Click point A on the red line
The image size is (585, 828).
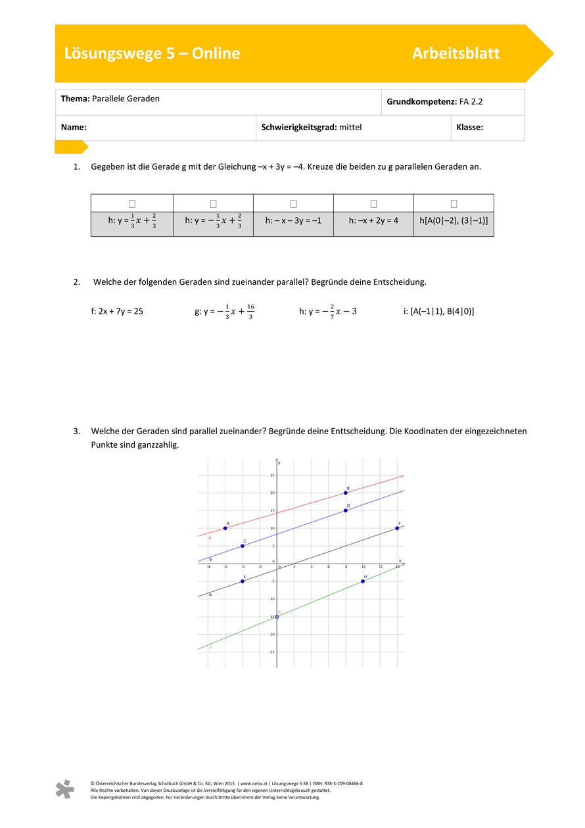point(225,528)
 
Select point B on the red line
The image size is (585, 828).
point(346,493)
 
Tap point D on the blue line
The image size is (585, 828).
point(346,510)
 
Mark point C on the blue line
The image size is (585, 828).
point(243,546)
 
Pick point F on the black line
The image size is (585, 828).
point(397,528)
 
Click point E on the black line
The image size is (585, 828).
point(243,581)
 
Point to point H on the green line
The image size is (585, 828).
point(363,581)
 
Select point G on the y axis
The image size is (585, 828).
point(277,617)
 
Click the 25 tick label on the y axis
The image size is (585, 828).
point(273,475)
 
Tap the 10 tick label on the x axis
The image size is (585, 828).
point(363,567)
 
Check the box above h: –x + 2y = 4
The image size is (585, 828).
point(373,204)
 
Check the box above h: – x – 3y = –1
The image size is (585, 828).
point(293,204)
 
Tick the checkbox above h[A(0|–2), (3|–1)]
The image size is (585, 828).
point(454,204)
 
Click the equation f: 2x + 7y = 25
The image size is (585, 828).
point(117,311)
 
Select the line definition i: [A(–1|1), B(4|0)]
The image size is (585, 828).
point(438,311)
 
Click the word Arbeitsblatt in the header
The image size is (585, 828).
point(456,54)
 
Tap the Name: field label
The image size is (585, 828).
point(74,128)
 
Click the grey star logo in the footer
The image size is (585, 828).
point(64,789)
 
